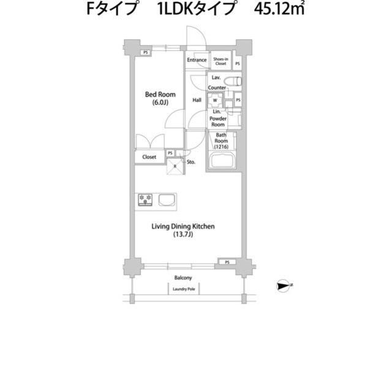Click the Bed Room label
click(x=160, y=94)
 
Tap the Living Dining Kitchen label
click(x=183, y=226)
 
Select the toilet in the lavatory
click(x=233, y=82)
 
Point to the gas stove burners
click(x=145, y=200)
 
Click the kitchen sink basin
click(x=167, y=200)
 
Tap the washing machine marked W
click(x=215, y=101)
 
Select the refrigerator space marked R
click(x=175, y=166)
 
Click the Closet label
click(x=149, y=157)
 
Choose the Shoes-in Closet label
click(x=221, y=61)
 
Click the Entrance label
click(x=197, y=60)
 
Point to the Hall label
click(x=197, y=100)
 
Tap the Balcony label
click(x=183, y=278)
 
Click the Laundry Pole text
click(x=184, y=289)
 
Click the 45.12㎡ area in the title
click(x=279, y=9)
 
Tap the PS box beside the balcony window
click(x=227, y=262)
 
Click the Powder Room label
click(x=218, y=121)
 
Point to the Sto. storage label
click(x=191, y=162)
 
